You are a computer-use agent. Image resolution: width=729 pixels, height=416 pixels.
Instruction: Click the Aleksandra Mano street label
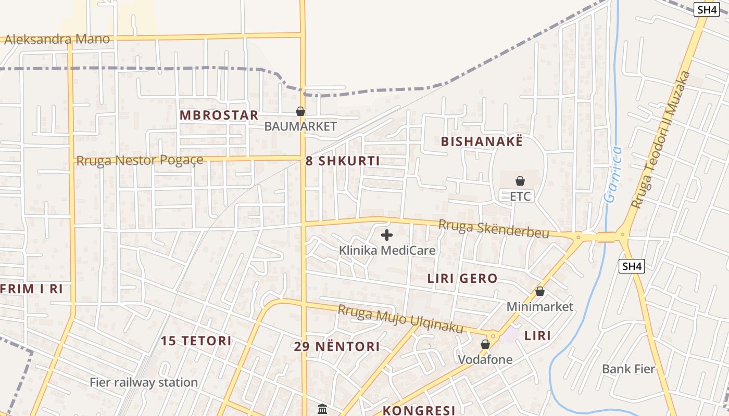click(x=57, y=39)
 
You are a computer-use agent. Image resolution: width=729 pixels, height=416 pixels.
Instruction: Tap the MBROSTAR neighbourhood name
click(x=219, y=115)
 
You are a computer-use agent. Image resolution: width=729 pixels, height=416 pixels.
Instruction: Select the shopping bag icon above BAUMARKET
click(x=300, y=111)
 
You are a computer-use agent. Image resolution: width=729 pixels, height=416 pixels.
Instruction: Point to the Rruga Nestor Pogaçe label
click(x=140, y=161)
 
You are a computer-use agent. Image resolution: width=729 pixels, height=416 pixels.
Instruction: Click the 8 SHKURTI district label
click(x=343, y=161)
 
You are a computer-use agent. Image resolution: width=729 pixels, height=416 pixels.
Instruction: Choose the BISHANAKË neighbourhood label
click(x=481, y=141)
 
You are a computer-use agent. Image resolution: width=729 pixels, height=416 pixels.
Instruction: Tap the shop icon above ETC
click(x=520, y=181)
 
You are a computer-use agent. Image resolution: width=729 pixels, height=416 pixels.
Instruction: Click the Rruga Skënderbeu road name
click(x=494, y=229)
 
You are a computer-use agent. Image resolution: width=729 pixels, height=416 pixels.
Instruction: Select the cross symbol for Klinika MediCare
click(x=387, y=235)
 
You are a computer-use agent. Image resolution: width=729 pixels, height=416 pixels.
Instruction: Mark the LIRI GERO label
click(x=462, y=279)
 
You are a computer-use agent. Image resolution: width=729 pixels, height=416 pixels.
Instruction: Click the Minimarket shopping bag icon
click(x=540, y=292)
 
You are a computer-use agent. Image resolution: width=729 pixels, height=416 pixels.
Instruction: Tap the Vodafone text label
click(x=485, y=359)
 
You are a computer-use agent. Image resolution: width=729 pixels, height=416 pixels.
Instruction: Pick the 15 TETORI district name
click(x=196, y=341)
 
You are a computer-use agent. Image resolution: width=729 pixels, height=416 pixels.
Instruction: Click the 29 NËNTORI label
click(x=337, y=347)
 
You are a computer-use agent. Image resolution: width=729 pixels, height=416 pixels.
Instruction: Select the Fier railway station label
click(x=144, y=383)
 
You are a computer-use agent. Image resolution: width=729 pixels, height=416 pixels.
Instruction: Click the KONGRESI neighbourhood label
click(x=419, y=410)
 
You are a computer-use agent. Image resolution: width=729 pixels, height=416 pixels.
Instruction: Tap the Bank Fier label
click(x=629, y=369)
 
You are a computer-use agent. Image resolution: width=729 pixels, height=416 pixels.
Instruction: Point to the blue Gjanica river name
click(x=613, y=174)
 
